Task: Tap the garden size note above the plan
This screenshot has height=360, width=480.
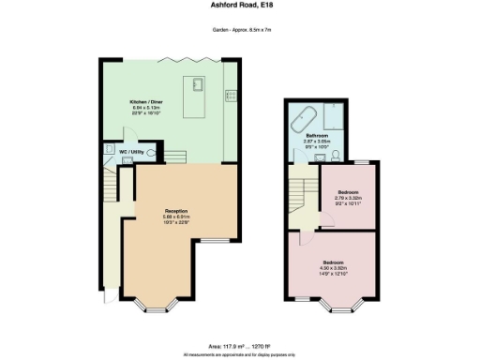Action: (x=239, y=30)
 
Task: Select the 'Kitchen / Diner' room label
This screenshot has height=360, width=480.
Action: (x=145, y=101)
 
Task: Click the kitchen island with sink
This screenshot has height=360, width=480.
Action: (x=198, y=88)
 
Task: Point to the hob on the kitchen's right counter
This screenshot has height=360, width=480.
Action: (x=230, y=94)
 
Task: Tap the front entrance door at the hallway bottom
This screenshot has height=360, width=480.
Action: (x=108, y=295)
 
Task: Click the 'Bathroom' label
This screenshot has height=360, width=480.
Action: (x=327, y=135)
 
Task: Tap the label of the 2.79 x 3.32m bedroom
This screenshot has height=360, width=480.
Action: (x=348, y=192)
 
